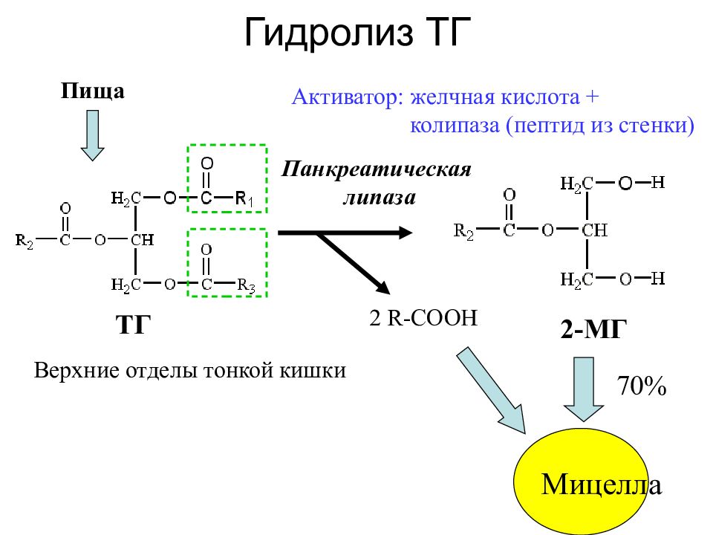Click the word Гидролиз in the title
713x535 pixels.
click(328, 33)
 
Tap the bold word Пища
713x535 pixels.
click(92, 91)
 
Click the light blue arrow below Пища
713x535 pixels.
click(92, 135)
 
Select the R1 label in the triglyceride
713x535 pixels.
click(244, 198)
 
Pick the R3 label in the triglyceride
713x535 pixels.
click(246, 285)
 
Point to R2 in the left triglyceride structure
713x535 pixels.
click(25, 241)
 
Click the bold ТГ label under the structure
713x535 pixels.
click(133, 325)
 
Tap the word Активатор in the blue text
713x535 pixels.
click(348, 97)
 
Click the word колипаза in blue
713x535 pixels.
click(455, 125)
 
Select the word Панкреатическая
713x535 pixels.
click(377, 169)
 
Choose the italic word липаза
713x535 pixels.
click(380, 198)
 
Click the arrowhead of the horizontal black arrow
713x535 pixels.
click(406, 233)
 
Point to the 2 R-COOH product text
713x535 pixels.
click(423, 317)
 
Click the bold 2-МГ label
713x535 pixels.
click(593, 329)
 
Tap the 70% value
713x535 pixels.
click(641, 386)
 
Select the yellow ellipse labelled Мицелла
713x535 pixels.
click(581, 481)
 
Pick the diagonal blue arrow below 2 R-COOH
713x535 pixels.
click(492, 390)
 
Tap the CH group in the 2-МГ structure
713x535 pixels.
click(594, 230)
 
